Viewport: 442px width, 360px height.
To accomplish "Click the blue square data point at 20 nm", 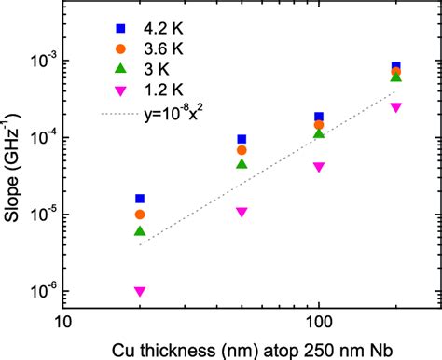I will click(140, 199).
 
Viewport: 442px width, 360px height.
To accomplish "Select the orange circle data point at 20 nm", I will click(140, 215).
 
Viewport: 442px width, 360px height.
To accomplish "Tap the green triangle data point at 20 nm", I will click(140, 230).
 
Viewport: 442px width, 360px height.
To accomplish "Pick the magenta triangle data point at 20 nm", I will click(140, 292).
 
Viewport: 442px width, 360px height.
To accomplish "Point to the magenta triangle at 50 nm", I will click(242, 213).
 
